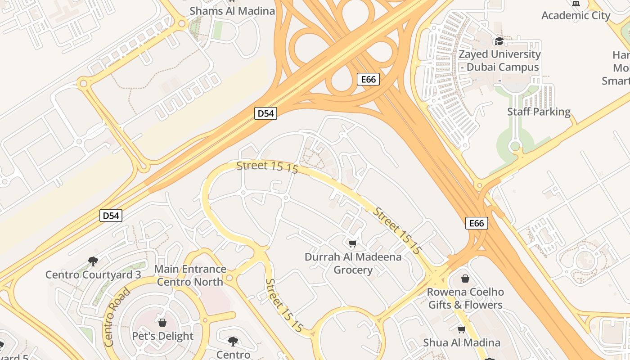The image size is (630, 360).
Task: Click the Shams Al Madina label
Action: click(x=232, y=11)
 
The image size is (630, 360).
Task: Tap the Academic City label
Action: click(x=576, y=15)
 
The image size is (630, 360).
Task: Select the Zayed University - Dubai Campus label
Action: click(x=499, y=60)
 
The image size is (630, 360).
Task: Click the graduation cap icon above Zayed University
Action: click(x=499, y=41)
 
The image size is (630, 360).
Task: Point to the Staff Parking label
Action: click(x=539, y=112)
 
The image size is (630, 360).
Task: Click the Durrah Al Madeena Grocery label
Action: click(x=353, y=263)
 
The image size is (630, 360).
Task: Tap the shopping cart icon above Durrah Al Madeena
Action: click(x=353, y=244)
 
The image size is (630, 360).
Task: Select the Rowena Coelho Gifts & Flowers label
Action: click(x=465, y=298)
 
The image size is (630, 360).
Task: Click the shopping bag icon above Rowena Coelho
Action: click(x=465, y=279)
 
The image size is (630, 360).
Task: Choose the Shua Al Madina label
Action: click(x=461, y=342)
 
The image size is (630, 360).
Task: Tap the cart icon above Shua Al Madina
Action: click(x=461, y=329)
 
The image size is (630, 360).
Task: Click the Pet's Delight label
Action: click(x=162, y=336)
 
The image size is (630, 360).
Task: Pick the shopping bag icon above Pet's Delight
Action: click(x=162, y=323)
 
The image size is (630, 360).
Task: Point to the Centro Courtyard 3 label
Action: click(x=93, y=274)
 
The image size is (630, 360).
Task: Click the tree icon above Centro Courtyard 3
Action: click(x=93, y=261)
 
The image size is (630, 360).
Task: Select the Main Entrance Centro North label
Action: click(x=190, y=275)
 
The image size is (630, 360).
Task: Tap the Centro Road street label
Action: click(x=117, y=317)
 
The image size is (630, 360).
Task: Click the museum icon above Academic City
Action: click(x=576, y=3)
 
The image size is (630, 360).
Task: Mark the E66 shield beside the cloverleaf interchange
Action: click(x=368, y=79)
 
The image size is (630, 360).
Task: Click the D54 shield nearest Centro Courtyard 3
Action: click(x=111, y=216)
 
